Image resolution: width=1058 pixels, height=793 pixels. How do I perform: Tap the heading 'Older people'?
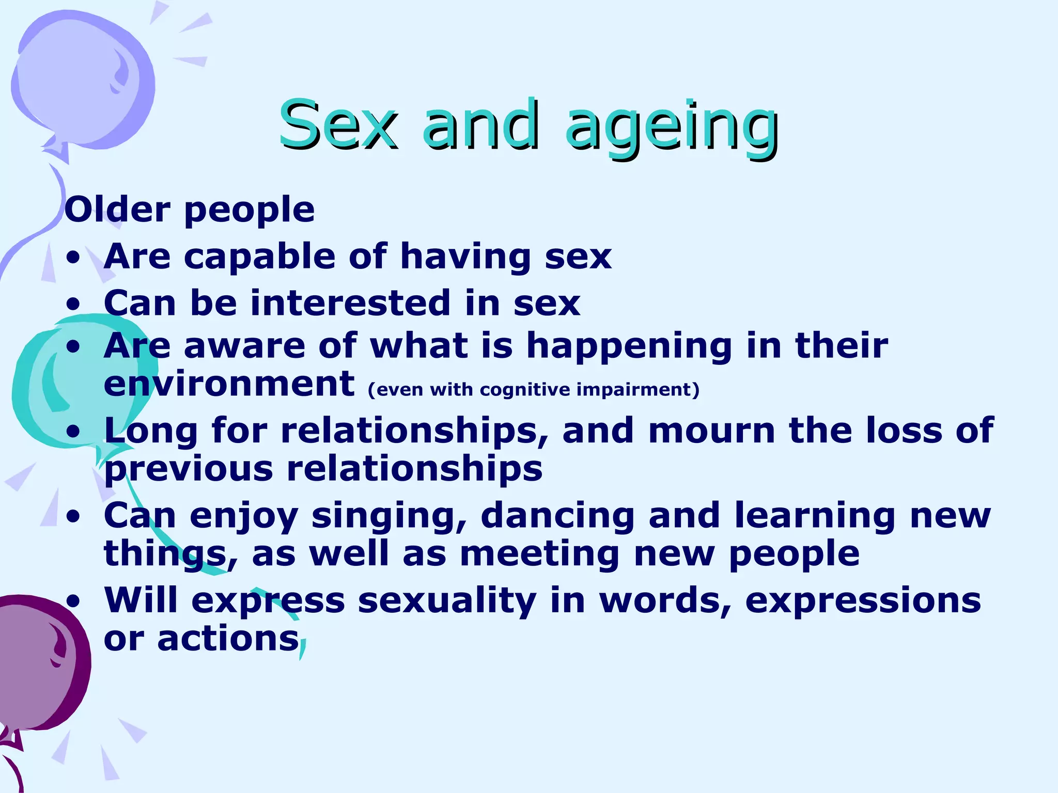(x=190, y=210)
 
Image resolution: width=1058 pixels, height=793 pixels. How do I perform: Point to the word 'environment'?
(x=229, y=384)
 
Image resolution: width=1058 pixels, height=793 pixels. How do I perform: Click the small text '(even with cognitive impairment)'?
(x=534, y=389)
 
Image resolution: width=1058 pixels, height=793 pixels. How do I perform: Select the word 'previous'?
(x=189, y=469)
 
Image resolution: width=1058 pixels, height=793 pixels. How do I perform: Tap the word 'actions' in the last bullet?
(x=228, y=639)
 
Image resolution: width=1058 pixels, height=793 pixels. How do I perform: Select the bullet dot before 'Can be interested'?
(x=74, y=304)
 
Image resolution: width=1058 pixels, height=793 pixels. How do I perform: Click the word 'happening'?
(x=629, y=346)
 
